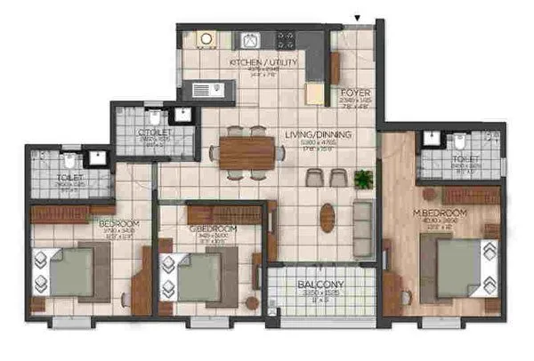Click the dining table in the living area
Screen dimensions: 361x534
pyautogui.click(x=247, y=150)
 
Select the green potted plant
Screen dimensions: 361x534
pyautogui.click(x=361, y=179)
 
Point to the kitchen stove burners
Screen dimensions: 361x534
pyautogui.click(x=286, y=40)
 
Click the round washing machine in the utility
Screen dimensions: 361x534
pyautogui.click(x=206, y=40)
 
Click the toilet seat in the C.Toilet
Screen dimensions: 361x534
pyautogui.click(x=154, y=116)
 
